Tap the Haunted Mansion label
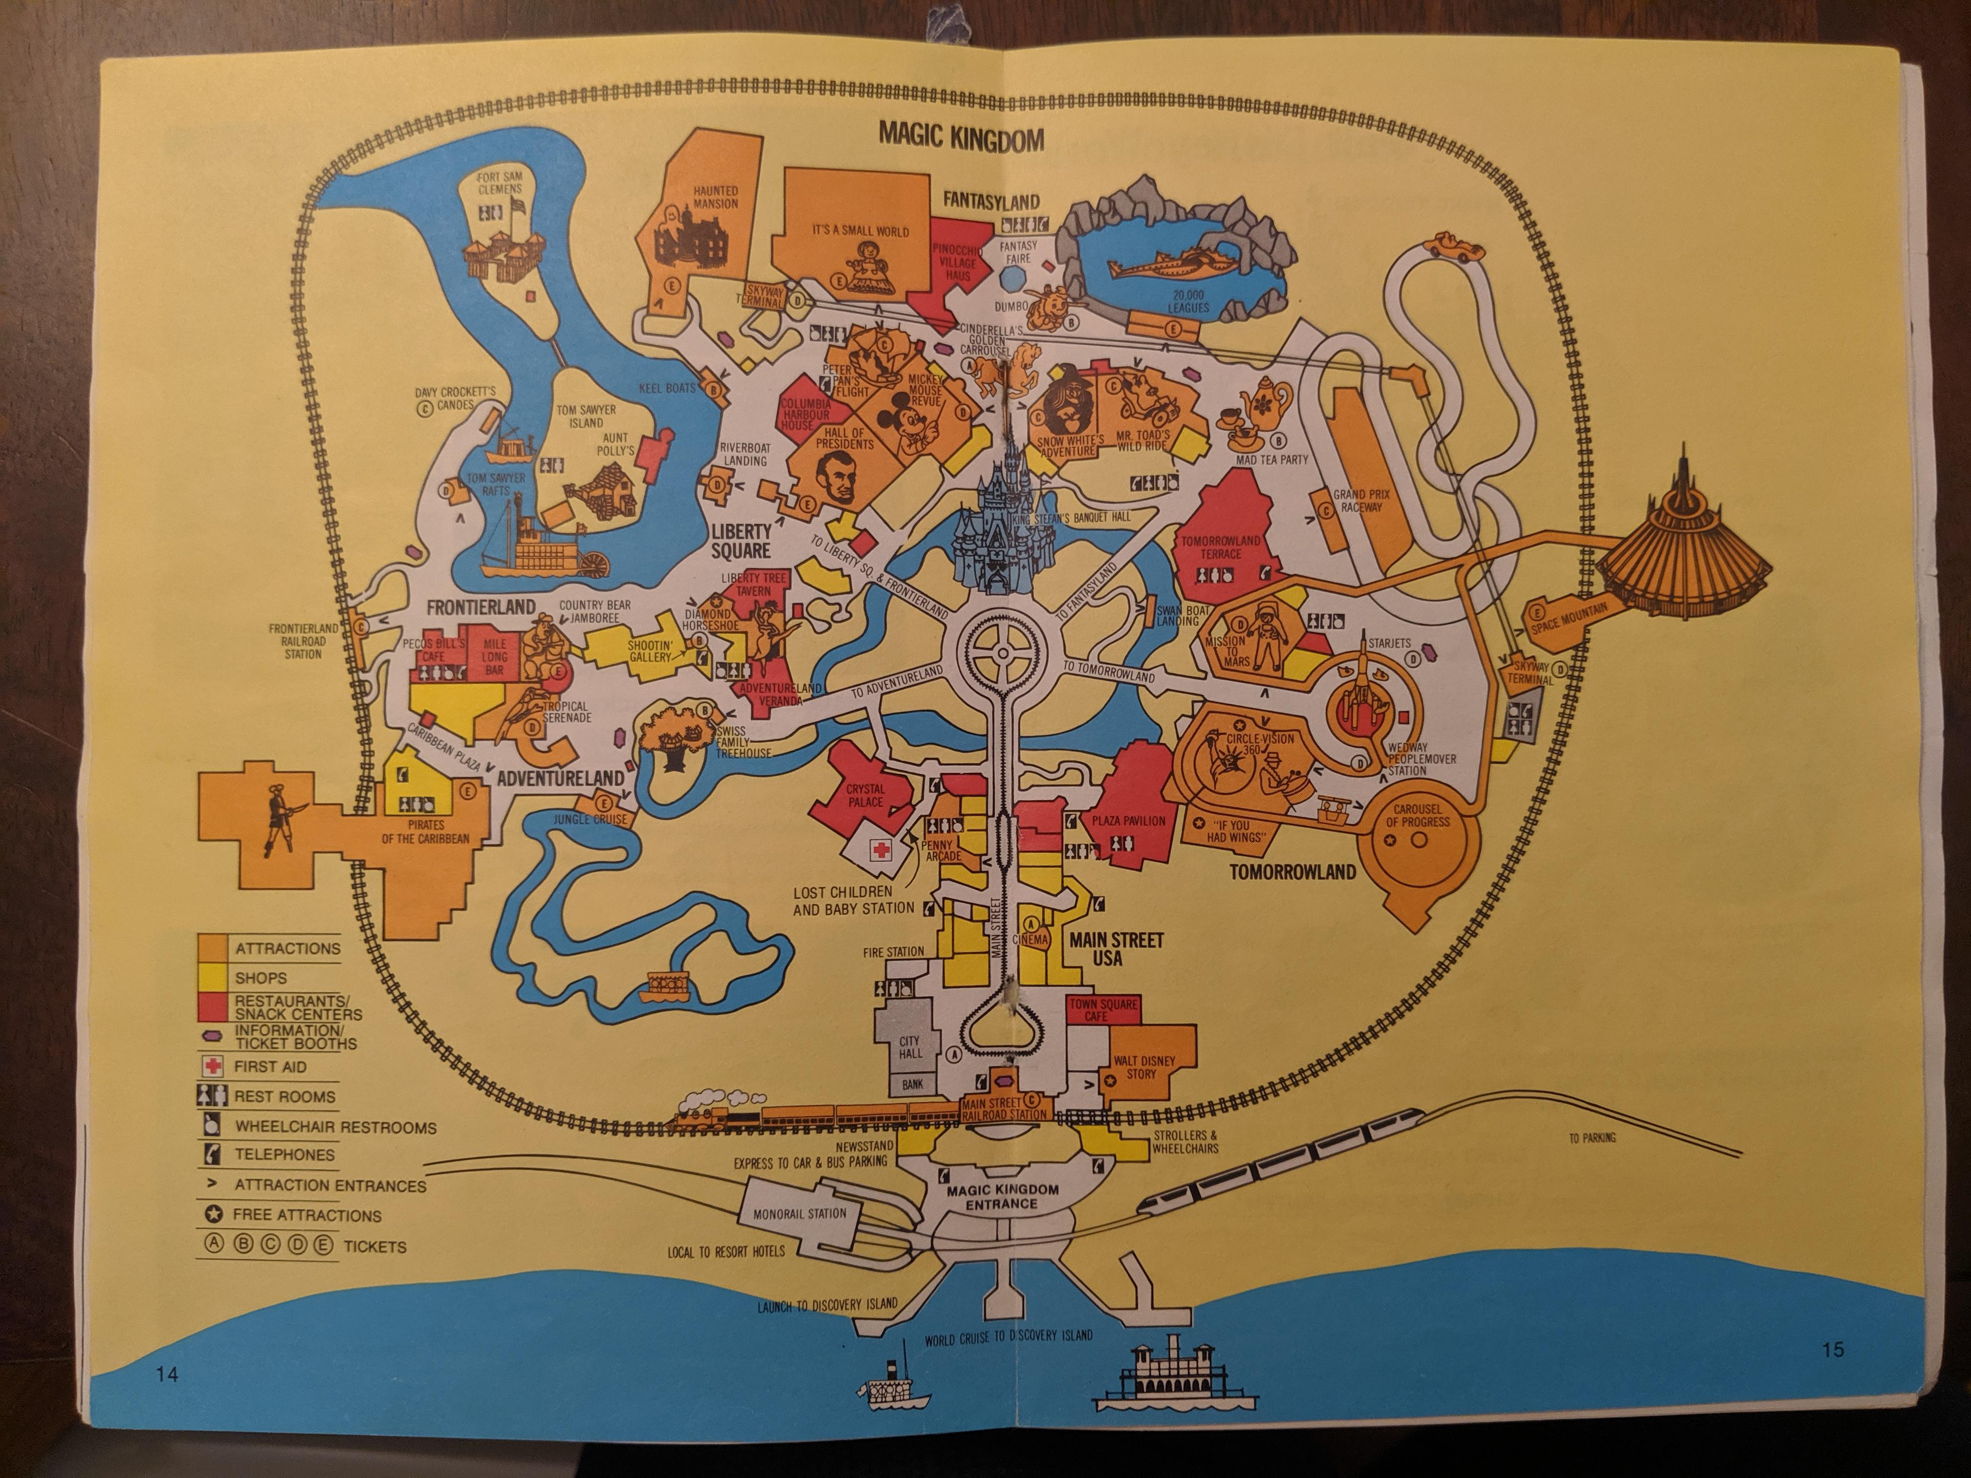[716, 197]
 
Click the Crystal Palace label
[865, 795]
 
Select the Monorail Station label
[799, 1214]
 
